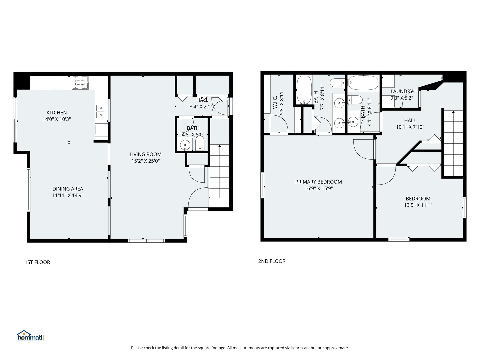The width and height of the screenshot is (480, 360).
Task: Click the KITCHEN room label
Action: [x=57, y=113]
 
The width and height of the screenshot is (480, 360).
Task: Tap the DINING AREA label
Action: [x=68, y=189]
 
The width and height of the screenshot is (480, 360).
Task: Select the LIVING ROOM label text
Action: [x=145, y=154]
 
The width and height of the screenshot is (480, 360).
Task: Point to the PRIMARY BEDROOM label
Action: [x=318, y=182]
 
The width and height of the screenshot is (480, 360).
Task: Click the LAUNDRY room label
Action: [x=402, y=91]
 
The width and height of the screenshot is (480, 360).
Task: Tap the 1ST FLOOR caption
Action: [x=37, y=262]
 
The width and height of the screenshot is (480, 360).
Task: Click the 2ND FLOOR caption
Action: [x=272, y=261]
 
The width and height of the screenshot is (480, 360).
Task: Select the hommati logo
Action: [x=30, y=336]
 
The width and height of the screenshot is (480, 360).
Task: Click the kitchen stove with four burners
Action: [x=80, y=83]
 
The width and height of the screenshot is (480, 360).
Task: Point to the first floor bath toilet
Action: [x=200, y=144]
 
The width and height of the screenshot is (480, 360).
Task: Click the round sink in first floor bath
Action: [x=185, y=145]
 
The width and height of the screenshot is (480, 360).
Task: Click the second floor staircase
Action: [x=453, y=143]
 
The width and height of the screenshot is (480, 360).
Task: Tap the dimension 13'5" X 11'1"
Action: [x=418, y=205]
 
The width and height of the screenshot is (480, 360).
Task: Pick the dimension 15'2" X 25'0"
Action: [x=145, y=161]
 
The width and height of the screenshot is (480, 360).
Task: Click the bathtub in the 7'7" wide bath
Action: [x=304, y=90]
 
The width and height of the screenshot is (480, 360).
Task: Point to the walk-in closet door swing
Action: [x=279, y=124]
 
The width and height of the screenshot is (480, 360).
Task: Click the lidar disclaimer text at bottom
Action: [x=240, y=348]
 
